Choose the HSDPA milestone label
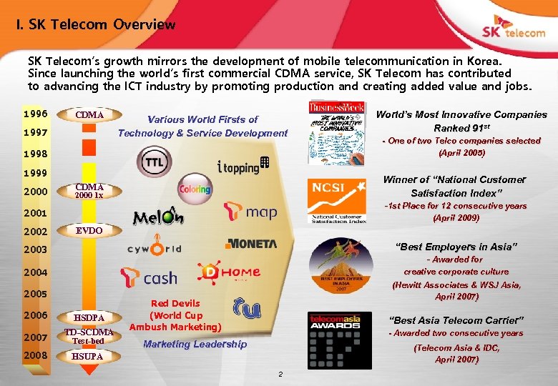tap(89, 317)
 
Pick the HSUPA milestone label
tap(89, 356)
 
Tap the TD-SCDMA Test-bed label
tap(89, 336)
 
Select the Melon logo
tap(158, 216)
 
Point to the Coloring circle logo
tap(195, 189)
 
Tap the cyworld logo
tap(155, 249)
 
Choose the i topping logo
tap(242, 167)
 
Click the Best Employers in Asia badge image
tap(336, 267)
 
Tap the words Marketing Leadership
tap(195, 345)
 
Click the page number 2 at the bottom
tap(280, 374)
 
